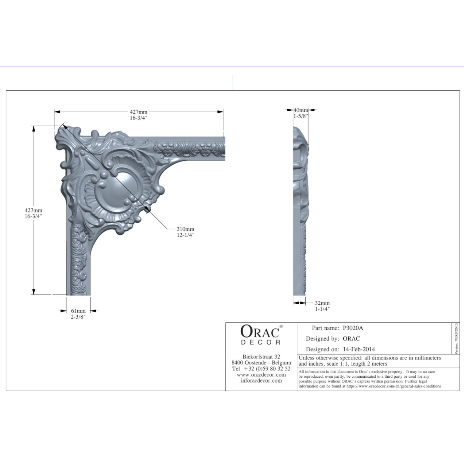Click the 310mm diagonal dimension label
tap(185, 229)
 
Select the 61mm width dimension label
tap(78, 311)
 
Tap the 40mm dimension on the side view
tap(301, 110)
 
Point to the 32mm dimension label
tap(322, 303)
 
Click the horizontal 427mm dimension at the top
tap(139, 112)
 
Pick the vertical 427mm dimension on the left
tap(33, 211)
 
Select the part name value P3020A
tap(353, 328)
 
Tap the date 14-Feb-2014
tap(359, 349)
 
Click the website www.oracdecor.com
tap(261, 375)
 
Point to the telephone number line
tap(261, 369)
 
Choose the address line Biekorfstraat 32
tap(261, 357)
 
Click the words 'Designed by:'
tap(323, 339)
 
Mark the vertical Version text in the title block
tap(457, 338)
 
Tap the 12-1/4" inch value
tap(186, 235)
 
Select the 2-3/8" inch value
tap(78, 317)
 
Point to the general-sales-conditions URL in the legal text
tap(394, 386)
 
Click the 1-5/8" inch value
tap(301, 116)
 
